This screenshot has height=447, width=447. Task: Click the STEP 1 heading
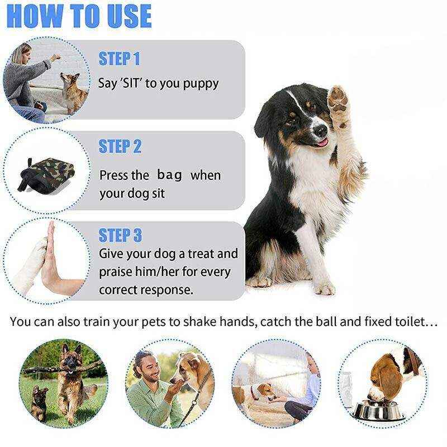(120, 58)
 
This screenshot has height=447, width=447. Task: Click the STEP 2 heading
(120, 146)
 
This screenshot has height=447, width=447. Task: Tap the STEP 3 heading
(120, 235)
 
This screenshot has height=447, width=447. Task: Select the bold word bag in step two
(170, 175)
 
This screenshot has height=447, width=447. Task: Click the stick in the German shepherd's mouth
(61, 369)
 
